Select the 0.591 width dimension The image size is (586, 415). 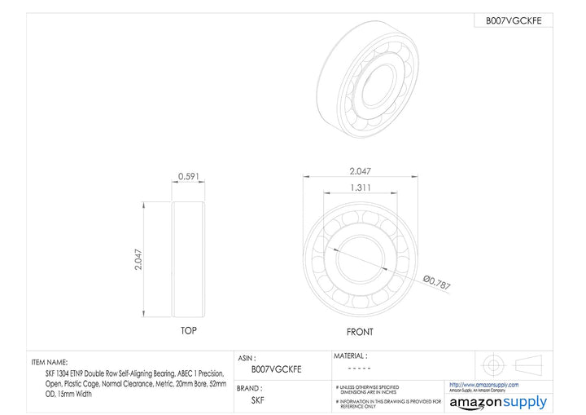pyautogui.click(x=190, y=176)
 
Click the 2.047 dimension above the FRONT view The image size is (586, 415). pyautogui.click(x=360, y=171)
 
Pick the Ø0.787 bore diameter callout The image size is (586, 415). pyautogui.click(x=436, y=283)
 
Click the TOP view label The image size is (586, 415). pyautogui.click(x=189, y=331)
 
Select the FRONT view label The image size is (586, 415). pyautogui.click(x=360, y=332)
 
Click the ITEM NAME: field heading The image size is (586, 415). pyautogui.click(x=55, y=362)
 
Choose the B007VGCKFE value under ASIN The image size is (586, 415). pyautogui.click(x=277, y=369)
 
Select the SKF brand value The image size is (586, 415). pyautogui.click(x=257, y=400)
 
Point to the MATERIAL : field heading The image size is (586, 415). pyautogui.click(x=350, y=356)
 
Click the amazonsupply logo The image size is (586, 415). pyautogui.click(x=498, y=402)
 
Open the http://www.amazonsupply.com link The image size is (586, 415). pyautogui.click(x=484, y=385)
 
